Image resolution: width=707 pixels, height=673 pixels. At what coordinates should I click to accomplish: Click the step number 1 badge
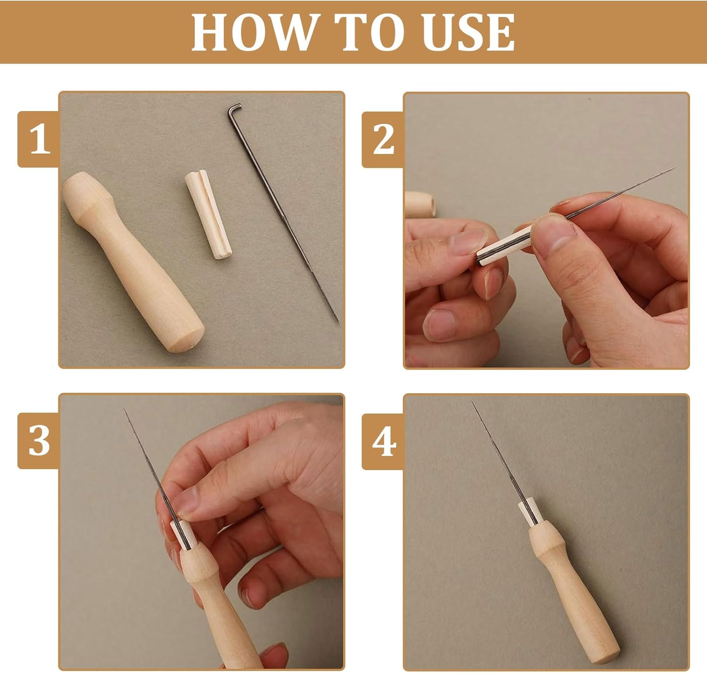coord(39,139)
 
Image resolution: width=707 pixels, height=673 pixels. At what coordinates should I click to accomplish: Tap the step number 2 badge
coord(383,139)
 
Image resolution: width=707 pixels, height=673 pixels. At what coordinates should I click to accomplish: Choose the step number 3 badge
coord(39,441)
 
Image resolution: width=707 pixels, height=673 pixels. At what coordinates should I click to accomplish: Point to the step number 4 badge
coord(383,441)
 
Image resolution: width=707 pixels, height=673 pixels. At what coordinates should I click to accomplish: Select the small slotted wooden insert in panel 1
coord(208,214)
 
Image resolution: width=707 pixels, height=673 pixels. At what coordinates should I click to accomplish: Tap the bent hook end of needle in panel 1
coord(234,108)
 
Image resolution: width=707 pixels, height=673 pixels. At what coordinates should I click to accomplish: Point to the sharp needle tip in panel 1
coord(338,324)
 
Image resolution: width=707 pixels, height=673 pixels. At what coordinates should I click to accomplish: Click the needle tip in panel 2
coord(676,168)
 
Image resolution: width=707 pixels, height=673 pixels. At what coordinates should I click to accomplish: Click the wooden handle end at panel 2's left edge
coord(420,205)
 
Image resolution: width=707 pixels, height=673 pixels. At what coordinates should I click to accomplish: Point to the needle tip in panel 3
coord(124,409)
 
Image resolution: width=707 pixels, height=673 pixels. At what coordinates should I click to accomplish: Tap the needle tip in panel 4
coord(473,402)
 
